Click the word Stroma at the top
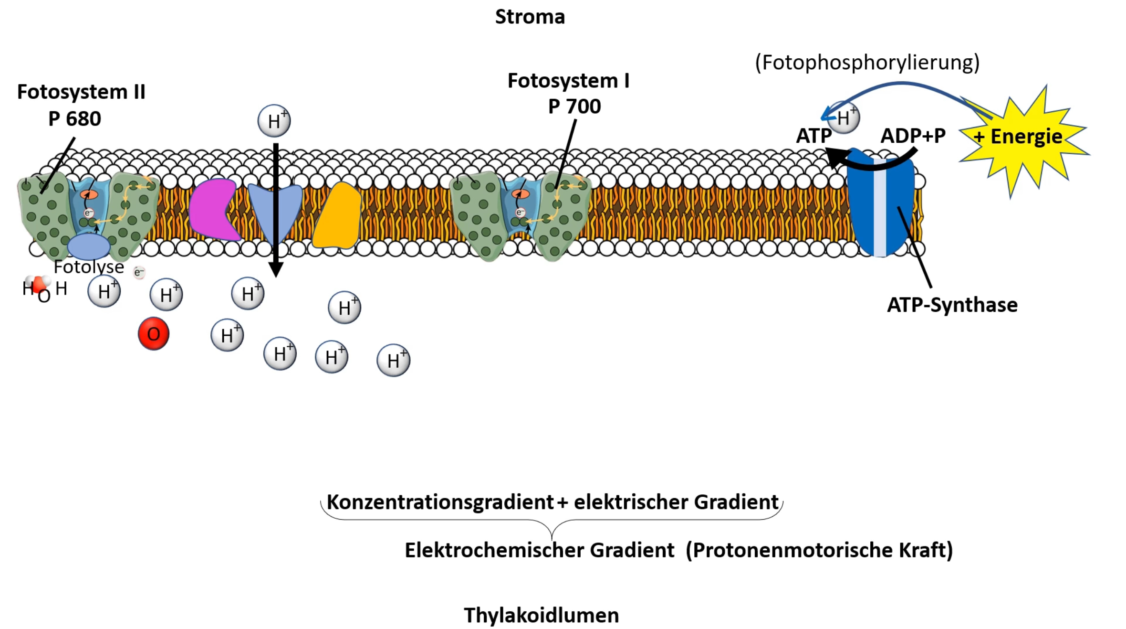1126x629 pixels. pos(530,17)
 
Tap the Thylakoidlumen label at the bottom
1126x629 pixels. pos(541,615)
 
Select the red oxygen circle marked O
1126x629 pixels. pos(154,334)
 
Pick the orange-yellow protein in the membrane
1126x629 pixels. pos(338,216)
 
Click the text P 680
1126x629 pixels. pos(74,118)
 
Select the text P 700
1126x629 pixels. pos(574,106)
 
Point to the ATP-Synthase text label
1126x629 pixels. pos(952,305)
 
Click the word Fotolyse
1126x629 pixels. pos(89,267)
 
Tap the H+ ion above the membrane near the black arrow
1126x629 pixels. pos(274,121)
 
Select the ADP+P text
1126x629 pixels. pos(912,136)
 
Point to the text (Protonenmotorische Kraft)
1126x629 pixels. pos(819,550)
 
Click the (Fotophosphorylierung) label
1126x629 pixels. pos(867,63)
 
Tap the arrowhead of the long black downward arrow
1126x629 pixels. pos(276,270)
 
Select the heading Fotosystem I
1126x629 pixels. pos(568,81)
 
